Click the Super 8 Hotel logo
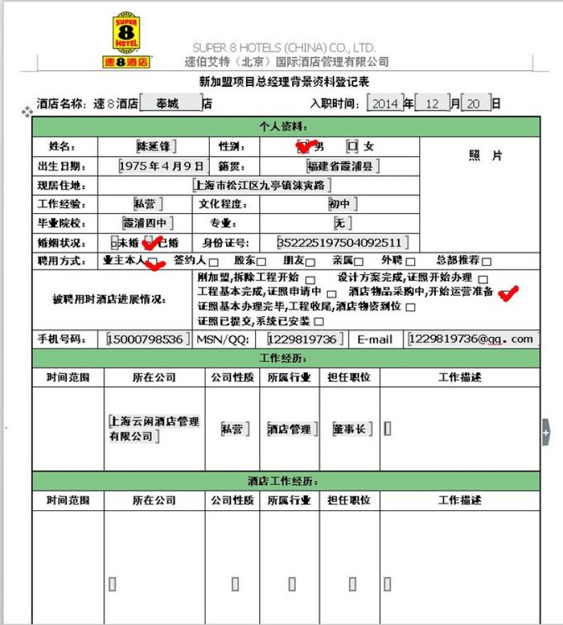pyautogui.click(x=126, y=40)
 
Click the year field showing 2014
pyautogui.click(x=384, y=103)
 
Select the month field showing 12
pyautogui.click(x=432, y=103)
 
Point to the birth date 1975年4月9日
pyautogui.click(x=162, y=166)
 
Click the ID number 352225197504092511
pyautogui.click(x=339, y=243)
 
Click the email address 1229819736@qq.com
pyautogui.click(x=471, y=339)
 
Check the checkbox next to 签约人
pyautogui.click(x=214, y=262)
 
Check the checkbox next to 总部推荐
pyautogui.click(x=486, y=261)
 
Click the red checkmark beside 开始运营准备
pyautogui.click(x=508, y=294)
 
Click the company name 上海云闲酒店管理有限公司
pyautogui.click(x=154, y=428)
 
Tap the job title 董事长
pyautogui.click(x=351, y=428)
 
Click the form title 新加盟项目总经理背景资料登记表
pyautogui.click(x=284, y=82)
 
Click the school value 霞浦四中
pyautogui.click(x=146, y=223)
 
